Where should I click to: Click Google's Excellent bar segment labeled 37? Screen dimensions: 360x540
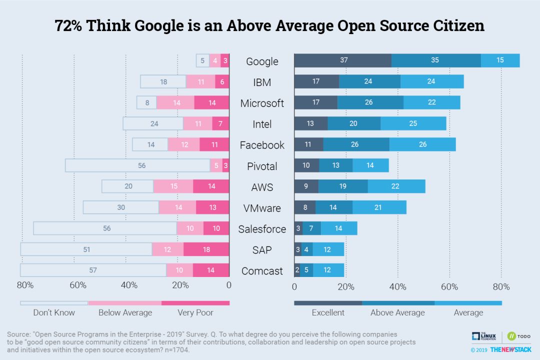coord(342,60)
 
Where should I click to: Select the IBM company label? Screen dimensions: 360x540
coord(262,82)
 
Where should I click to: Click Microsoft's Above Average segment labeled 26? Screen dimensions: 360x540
coord(370,102)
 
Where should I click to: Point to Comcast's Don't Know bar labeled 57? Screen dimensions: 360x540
coord(93,270)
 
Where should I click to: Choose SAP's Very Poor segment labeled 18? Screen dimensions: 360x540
coord(206,249)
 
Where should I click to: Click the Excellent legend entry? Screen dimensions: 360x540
coord(328,312)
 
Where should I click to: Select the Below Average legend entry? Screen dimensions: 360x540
coord(125,312)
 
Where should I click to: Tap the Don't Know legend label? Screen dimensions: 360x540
coord(54,312)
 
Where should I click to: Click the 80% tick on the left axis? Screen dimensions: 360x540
coord(25,286)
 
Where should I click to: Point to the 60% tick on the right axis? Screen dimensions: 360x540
coord(449,287)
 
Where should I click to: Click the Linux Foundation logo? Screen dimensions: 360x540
coord(484,336)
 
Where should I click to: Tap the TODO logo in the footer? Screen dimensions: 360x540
coord(519,336)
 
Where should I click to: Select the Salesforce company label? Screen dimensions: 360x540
coord(262,229)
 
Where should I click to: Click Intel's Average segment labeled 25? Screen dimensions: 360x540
coord(413,123)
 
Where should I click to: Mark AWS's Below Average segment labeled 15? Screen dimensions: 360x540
coord(173,186)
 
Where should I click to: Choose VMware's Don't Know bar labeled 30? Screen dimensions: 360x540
coord(121,207)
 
